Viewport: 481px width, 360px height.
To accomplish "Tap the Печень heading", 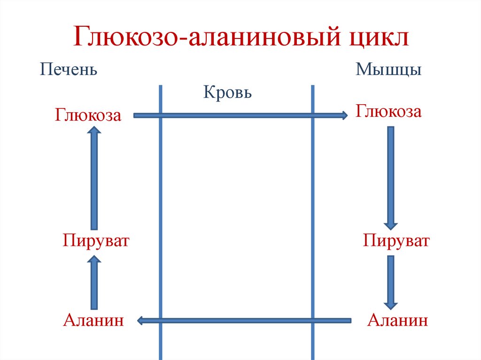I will pyautogui.click(x=69, y=70).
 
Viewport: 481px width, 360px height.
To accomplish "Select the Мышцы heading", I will pyautogui.click(x=388, y=70).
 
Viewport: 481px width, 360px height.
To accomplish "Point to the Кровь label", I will pyautogui.click(x=228, y=92).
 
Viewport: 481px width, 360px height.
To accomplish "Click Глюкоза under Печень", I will pyautogui.click(x=88, y=115).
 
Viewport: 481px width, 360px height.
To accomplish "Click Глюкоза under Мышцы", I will pyautogui.click(x=388, y=113).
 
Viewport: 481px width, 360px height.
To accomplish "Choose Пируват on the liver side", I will pyautogui.click(x=95, y=241).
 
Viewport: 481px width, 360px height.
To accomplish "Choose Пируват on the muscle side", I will pyautogui.click(x=396, y=241).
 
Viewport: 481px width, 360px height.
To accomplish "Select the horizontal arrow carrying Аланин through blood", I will pyautogui.click(x=244, y=321).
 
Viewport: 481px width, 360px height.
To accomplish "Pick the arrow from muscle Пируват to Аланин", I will pyautogui.click(x=390, y=282).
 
